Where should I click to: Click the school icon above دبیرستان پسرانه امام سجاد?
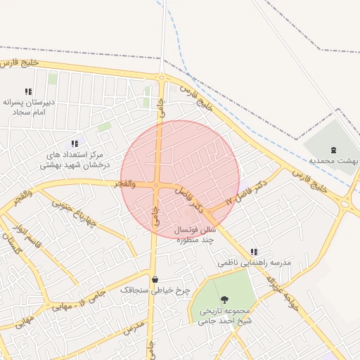(28, 91)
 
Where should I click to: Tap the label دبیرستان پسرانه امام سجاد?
(29, 107)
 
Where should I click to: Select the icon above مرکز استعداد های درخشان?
(75, 143)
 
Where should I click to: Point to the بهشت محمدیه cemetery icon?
(333, 149)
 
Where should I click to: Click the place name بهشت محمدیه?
(334, 161)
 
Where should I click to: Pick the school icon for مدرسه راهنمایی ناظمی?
(254, 251)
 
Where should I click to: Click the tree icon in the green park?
(224, 300)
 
